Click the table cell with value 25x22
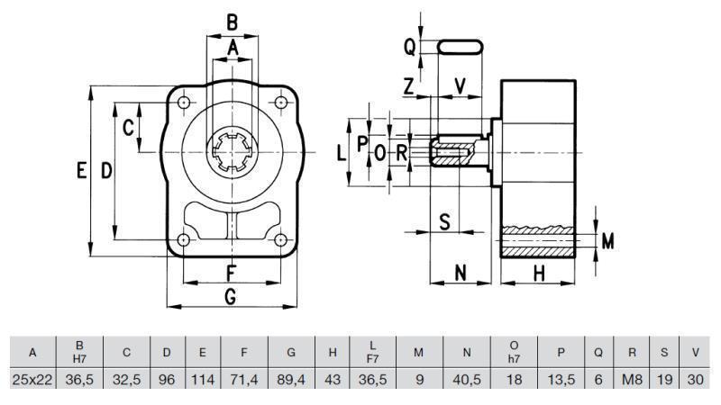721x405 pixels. [x=32, y=380]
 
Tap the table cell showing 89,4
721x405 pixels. [x=291, y=380]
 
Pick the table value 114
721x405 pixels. [x=203, y=380]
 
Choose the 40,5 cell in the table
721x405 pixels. [x=467, y=380]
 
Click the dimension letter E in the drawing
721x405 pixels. [x=82, y=171]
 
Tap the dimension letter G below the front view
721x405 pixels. [x=231, y=295]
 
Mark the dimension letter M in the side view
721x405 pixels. [x=607, y=241]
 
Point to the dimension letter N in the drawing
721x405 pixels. [x=460, y=273]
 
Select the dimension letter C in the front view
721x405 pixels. [x=129, y=127]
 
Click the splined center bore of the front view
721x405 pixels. [x=232, y=152]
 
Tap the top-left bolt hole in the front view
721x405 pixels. [x=184, y=103]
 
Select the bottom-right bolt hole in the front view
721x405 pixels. [x=280, y=240]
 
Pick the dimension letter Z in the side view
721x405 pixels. [x=410, y=86]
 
